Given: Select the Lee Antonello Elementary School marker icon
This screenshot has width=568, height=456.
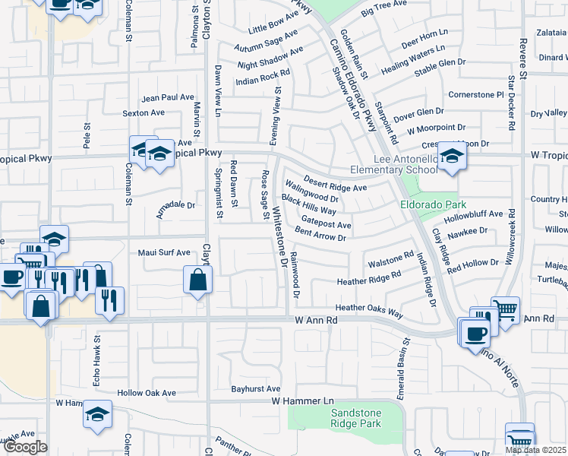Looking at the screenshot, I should (452, 158).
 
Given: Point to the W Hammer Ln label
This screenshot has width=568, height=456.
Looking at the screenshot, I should (302, 401).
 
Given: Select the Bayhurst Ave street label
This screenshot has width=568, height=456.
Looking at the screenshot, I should (257, 388).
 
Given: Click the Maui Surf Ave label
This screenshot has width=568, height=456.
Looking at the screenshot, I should (163, 252).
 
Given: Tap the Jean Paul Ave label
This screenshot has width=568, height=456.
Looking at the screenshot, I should (168, 97).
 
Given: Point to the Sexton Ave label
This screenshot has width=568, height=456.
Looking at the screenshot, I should (144, 112).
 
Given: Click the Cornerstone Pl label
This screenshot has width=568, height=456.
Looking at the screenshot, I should (476, 95).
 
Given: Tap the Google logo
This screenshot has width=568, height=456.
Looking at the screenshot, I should (24, 447).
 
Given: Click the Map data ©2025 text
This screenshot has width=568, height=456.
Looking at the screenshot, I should (536, 450).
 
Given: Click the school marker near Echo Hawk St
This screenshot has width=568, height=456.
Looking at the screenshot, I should (97, 415).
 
